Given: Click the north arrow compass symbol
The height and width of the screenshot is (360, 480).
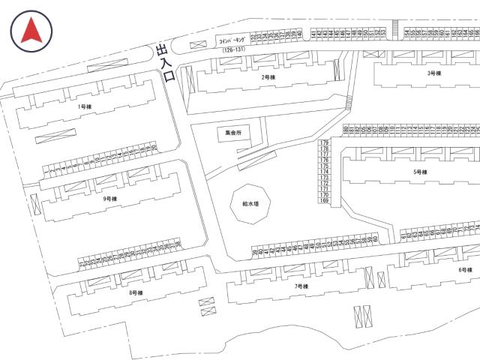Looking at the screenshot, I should point(31,31).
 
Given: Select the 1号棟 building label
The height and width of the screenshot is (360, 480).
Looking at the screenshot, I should point(84,106).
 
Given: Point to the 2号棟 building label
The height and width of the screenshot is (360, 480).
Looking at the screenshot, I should point(268,77).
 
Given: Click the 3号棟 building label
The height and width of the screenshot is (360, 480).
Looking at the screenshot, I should point(433,73).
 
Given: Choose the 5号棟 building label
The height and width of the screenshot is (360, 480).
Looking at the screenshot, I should point(420,172).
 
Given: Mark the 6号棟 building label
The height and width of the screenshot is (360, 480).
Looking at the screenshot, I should point(465,269).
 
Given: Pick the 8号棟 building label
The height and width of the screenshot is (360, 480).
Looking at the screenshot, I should point(136,292).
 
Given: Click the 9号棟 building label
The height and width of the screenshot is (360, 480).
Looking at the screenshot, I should point(110,199).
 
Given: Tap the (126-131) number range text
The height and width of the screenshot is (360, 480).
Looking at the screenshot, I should point(232,49).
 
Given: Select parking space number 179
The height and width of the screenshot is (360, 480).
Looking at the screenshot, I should point(325,142).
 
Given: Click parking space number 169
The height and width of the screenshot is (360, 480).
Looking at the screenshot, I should point(325,201).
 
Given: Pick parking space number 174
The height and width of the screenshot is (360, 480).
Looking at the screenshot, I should point(325,172).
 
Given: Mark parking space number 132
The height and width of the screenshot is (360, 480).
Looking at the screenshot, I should point(253,35).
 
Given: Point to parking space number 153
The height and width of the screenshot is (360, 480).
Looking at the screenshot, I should point(382,34).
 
